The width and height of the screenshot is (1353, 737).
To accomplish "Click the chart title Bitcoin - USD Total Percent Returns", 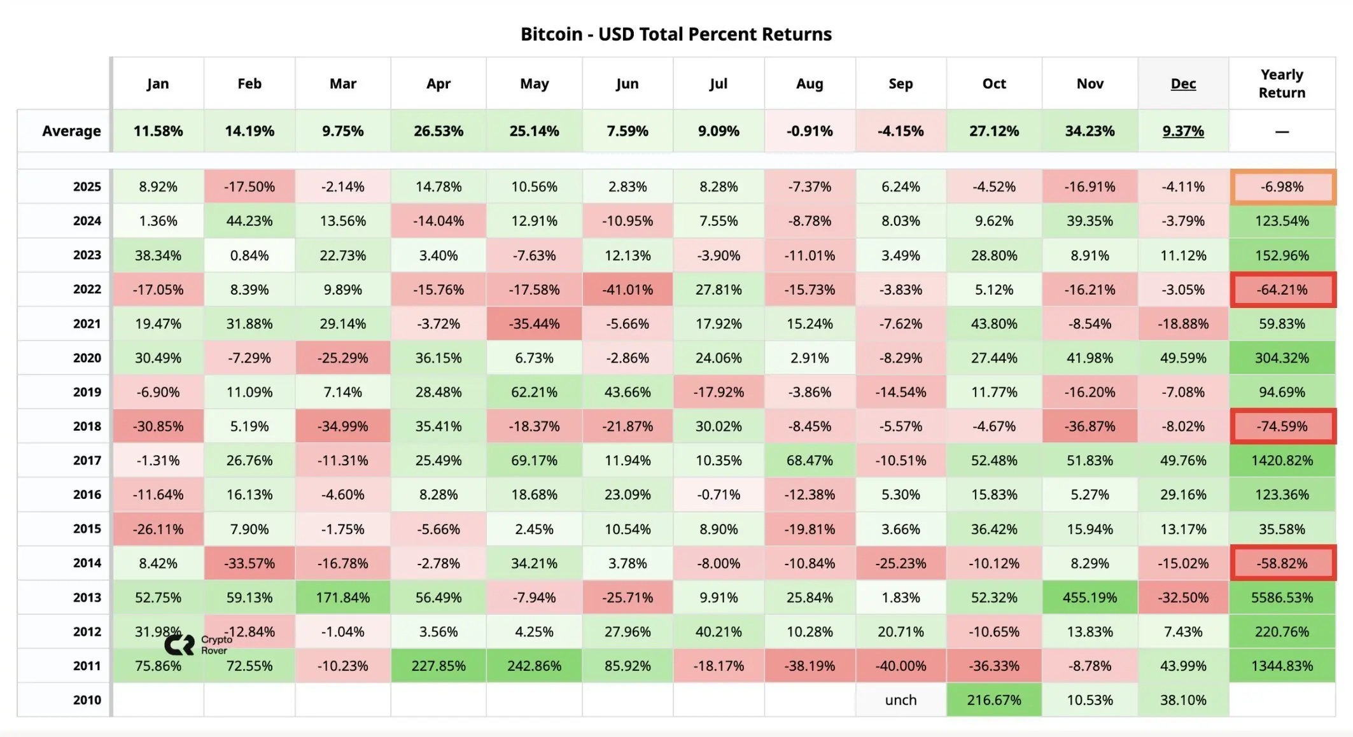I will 676,34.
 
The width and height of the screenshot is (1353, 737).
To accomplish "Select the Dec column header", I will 1183,83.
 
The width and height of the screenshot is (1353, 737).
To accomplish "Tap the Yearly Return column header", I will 1282,83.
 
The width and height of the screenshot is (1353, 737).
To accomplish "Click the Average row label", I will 71,131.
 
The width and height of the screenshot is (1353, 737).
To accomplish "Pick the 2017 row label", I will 87,460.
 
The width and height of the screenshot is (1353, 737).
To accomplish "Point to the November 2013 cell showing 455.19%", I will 1090,598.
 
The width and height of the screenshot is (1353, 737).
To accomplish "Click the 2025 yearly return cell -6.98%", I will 1282,187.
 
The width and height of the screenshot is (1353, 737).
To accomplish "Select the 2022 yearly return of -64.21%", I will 1282,290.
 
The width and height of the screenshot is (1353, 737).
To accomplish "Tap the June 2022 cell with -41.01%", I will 627,290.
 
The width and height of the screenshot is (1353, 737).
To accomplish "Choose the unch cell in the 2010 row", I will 901,700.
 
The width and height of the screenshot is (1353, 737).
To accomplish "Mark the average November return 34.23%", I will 1090,131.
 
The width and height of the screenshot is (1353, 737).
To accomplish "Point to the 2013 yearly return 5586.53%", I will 1282,598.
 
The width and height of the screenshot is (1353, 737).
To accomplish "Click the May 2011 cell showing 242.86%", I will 534,666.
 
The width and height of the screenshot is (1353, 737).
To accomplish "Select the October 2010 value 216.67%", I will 994,700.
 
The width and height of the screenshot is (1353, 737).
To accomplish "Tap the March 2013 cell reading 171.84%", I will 342,598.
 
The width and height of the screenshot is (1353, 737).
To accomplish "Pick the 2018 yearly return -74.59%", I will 1282,426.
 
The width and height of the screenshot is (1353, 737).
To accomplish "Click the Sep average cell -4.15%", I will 901,131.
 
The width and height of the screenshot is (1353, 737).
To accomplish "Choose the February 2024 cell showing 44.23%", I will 249,221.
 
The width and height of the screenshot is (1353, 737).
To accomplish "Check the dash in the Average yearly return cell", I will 1282,132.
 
